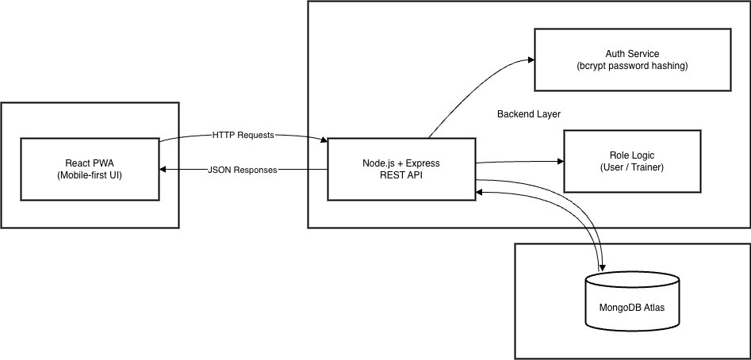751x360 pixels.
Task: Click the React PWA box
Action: [90, 169]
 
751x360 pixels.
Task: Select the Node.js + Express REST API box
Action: [401, 169]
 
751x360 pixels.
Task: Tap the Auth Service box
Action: [632, 59]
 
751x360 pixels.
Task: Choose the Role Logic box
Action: [632, 161]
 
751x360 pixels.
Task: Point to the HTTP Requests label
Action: [243, 135]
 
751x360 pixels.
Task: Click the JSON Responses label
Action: [243, 170]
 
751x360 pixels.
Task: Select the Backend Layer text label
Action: [528, 114]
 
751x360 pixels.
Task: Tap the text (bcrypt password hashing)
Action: [632, 66]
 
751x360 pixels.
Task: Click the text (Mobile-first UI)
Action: [90, 175]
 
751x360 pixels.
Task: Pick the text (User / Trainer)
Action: [632, 167]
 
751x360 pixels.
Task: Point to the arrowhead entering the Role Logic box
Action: [560, 162]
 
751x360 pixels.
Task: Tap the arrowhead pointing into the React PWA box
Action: [163, 170]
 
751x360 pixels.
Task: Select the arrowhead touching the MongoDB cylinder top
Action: [602, 266]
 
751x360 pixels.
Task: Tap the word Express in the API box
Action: [421, 163]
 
